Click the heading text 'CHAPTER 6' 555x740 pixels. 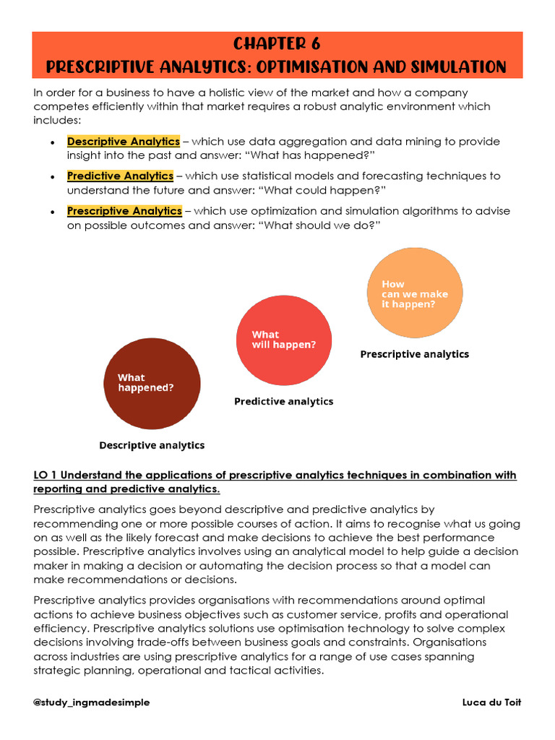pos(277,44)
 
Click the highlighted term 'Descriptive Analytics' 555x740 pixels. pos(123,142)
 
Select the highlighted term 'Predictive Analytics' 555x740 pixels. pos(120,176)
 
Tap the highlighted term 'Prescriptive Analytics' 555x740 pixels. pos(124,211)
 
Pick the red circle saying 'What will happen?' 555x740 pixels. pos(283,340)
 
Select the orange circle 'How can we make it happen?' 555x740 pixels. pos(414,293)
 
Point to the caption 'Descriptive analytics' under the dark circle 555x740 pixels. pos(152,445)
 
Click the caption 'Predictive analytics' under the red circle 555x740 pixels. pos(283,401)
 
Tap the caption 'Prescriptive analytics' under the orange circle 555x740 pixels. pos(414,354)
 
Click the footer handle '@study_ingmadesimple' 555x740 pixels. pos(92,702)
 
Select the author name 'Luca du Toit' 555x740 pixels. pos(491,702)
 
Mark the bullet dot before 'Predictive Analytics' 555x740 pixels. pos(53,177)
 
